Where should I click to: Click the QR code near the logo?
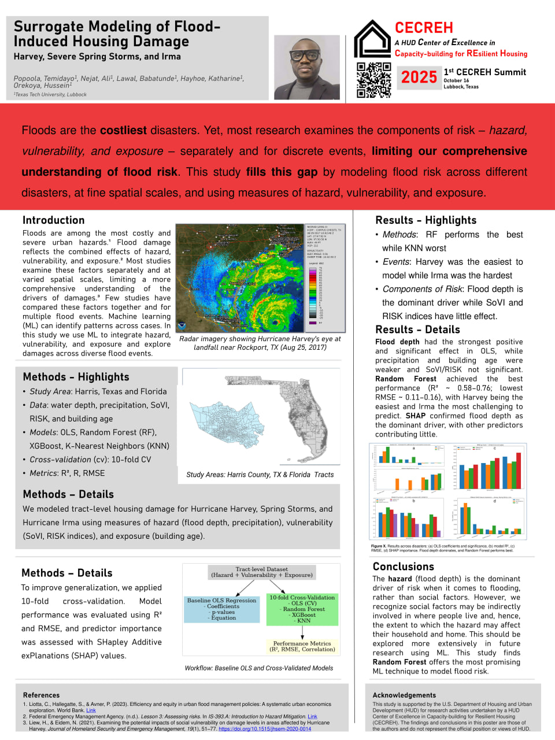click(x=373, y=80)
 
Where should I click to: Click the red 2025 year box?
click(x=419, y=77)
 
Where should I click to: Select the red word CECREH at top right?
click(x=424, y=28)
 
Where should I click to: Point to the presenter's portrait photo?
click(x=306, y=67)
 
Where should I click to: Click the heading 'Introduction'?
click(x=53, y=220)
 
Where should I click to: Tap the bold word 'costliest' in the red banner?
click(x=123, y=131)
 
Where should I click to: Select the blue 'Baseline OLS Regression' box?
click(x=221, y=609)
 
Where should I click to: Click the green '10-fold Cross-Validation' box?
click(x=302, y=609)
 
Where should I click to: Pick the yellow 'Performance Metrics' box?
click(x=302, y=646)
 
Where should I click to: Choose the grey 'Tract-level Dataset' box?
click(x=262, y=572)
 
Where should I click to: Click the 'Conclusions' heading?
click(x=403, y=567)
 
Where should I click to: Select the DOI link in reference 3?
click(x=264, y=729)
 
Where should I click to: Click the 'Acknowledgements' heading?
click(x=404, y=695)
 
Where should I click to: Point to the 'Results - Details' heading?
click(x=417, y=330)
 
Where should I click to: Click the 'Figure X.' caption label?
click(x=378, y=546)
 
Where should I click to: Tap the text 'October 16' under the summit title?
click(x=456, y=81)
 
